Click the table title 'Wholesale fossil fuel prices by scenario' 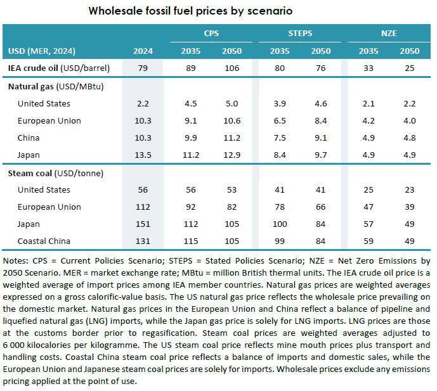190,11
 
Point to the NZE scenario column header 389,33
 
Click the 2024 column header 143,51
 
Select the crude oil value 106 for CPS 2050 232,67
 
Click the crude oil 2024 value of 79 143,67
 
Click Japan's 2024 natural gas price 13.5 143,155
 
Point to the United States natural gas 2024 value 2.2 143,103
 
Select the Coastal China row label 44,241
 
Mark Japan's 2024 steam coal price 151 143,224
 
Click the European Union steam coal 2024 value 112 143,207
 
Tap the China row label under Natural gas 29,138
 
